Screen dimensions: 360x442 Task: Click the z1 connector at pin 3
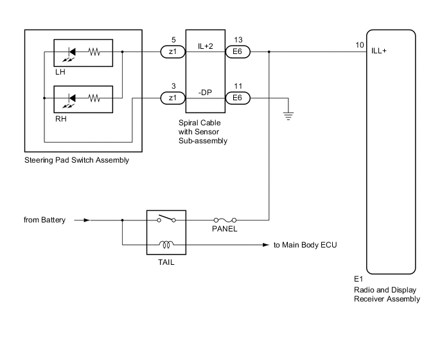pyautogui.click(x=172, y=98)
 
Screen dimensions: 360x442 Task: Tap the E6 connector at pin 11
pyautogui.click(x=236, y=98)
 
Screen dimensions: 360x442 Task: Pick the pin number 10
pyautogui.click(x=359, y=46)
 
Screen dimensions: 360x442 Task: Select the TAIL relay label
pyautogui.click(x=166, y=262)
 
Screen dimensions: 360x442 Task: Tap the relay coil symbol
pyautogui.click(x=166, y=245)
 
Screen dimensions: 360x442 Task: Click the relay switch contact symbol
pyautogui.click(x=166, y=219)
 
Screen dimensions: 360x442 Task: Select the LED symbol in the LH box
pyautogui.click(x=73, y=53)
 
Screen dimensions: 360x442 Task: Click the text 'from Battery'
pyautogui.click(x=44, y=220)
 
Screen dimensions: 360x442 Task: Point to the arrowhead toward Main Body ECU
pyautogui.click(x=267, y=245)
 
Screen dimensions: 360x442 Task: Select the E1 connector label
pyautogui.click(x=358, y=280)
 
